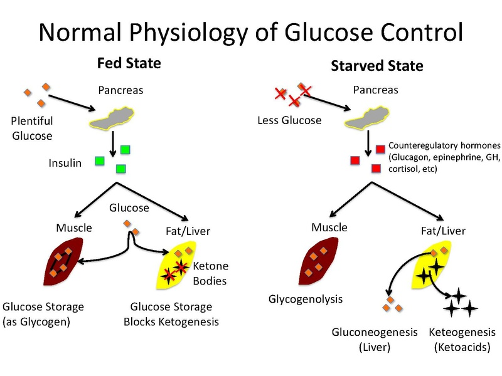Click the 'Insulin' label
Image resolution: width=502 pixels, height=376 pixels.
66,164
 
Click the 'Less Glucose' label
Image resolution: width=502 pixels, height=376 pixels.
289,120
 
